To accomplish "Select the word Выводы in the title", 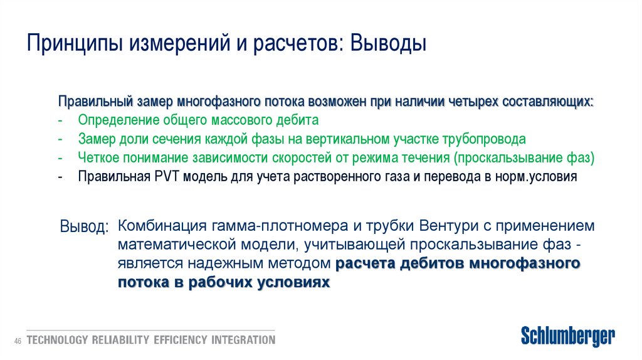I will click(389, 45).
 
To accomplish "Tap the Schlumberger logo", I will click(568, 336).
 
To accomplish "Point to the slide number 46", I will click(18, 341).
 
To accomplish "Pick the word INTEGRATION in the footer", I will click(243, 341).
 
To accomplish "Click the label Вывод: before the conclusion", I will click(84, 226).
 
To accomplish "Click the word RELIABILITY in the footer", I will click(120, 341).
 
